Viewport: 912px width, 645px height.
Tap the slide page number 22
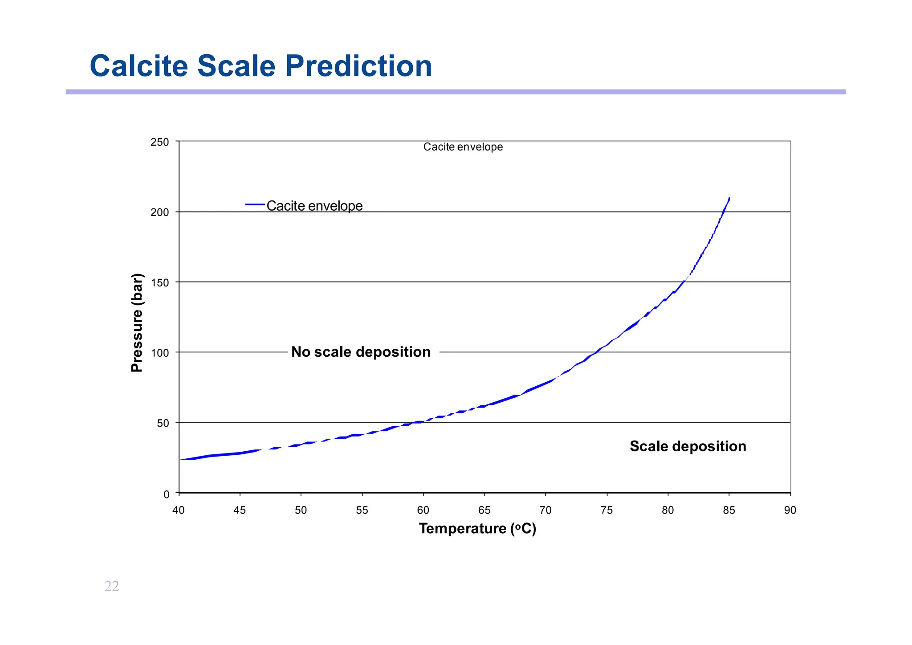tap(112, 586)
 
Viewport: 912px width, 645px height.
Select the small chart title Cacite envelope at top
tap(463, 147)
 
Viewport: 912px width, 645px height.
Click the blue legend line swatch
tap(255, 204)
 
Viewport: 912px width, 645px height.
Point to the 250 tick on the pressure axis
tap(160, 142)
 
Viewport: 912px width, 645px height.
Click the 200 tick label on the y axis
tap(160, 212)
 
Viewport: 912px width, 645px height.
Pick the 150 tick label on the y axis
tap(160, 283)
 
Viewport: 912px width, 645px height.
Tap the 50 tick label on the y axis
tap(163, 423)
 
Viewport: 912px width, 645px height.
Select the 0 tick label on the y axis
tap(166, 494)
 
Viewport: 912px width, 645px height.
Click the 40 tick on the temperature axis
tap(179, 510)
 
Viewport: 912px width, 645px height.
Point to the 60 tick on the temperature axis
tap(423, 510)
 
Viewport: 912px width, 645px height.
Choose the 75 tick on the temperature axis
tap(607, 510)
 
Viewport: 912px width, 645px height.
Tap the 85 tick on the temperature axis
tap(729, 510)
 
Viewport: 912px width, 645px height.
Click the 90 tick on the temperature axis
tap(790, 510)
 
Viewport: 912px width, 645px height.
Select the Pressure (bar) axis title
tap(137, 322)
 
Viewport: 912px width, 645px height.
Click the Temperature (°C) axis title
tap(477, 528)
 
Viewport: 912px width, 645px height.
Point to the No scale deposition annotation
tap(361, 352)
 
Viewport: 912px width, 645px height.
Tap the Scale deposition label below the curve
tap(688, 446)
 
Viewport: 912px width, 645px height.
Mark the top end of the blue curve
tap(729, 199)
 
